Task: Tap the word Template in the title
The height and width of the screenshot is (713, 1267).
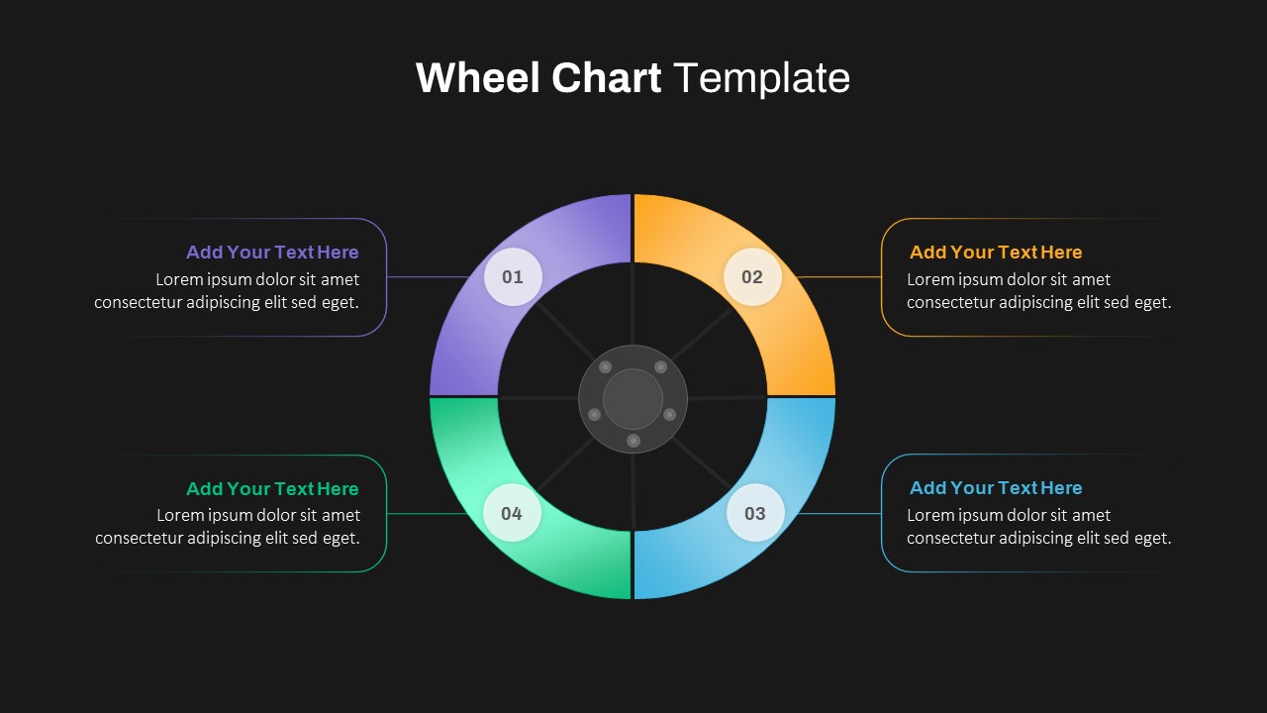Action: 761,78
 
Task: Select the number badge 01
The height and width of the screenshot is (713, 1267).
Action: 513,276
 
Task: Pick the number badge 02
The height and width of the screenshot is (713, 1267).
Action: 752,276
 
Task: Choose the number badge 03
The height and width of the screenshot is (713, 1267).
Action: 755,513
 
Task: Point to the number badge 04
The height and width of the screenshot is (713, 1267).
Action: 512,513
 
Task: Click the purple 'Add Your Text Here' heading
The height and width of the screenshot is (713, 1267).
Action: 272,253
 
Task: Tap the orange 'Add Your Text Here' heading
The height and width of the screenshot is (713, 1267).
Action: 996,253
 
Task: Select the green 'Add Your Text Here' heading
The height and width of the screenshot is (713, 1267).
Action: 272,489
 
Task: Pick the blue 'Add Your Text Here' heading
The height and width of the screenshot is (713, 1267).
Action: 996,488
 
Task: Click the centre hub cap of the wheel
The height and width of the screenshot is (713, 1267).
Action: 633,399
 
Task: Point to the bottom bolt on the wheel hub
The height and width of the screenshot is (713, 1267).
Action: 633,441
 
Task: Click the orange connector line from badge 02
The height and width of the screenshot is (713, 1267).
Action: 839,277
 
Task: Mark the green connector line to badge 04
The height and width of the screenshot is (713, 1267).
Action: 428,514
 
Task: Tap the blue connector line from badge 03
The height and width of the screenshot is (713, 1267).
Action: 839,514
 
